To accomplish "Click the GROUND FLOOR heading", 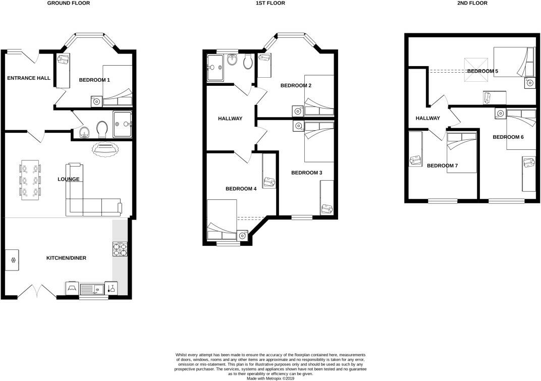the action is (x=69, y=3).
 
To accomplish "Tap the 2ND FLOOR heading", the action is (x=472, y=3).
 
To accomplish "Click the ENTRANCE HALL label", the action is (x=29, y=78).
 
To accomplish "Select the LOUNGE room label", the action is (x=69, y=179).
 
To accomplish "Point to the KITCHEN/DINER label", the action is (x=66, y=258).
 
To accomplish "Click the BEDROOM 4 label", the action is (x=241, y=189).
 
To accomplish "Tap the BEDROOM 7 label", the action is (x=442, y=166).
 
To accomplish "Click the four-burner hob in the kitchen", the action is (x=120, y=249).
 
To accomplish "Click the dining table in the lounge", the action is (x=30, y=180).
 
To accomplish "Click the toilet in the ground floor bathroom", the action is (x=102, y=129).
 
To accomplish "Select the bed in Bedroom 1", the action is (x=117, y=86).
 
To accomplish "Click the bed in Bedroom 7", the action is (x=462, y=152).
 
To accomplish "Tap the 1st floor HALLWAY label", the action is (x=230, y=119).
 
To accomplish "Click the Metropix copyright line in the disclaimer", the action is (x=270, y=378).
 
